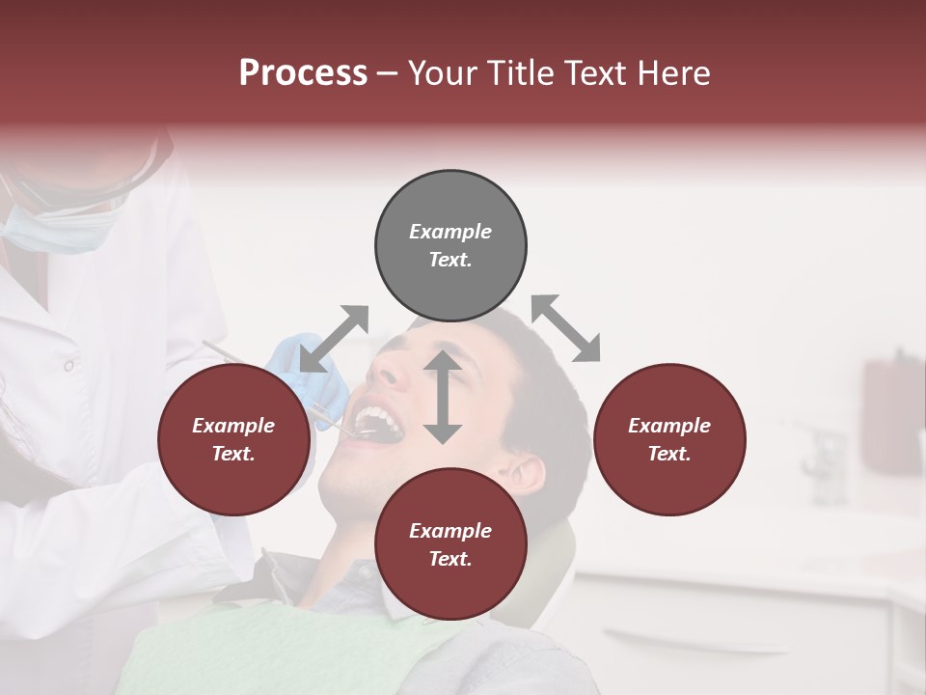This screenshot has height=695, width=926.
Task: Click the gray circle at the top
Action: point(450,246)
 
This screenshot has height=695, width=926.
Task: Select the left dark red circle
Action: point(233,439)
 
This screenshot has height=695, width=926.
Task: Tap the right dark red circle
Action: point(668,439)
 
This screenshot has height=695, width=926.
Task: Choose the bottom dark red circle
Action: point(450,544)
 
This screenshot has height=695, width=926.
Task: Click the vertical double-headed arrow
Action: point(443,397)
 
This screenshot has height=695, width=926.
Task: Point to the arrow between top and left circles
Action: point(334,339)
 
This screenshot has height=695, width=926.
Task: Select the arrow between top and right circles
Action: point(565,328)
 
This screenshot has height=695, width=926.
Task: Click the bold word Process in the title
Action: point(303,73)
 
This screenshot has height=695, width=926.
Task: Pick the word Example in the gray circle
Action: point(450,232)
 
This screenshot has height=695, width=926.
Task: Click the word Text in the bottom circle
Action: point(449,559)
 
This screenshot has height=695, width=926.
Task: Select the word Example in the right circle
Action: point(668,426)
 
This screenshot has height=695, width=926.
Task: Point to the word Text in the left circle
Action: point(231,454)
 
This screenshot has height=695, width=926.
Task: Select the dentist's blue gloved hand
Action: point(309,372)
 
